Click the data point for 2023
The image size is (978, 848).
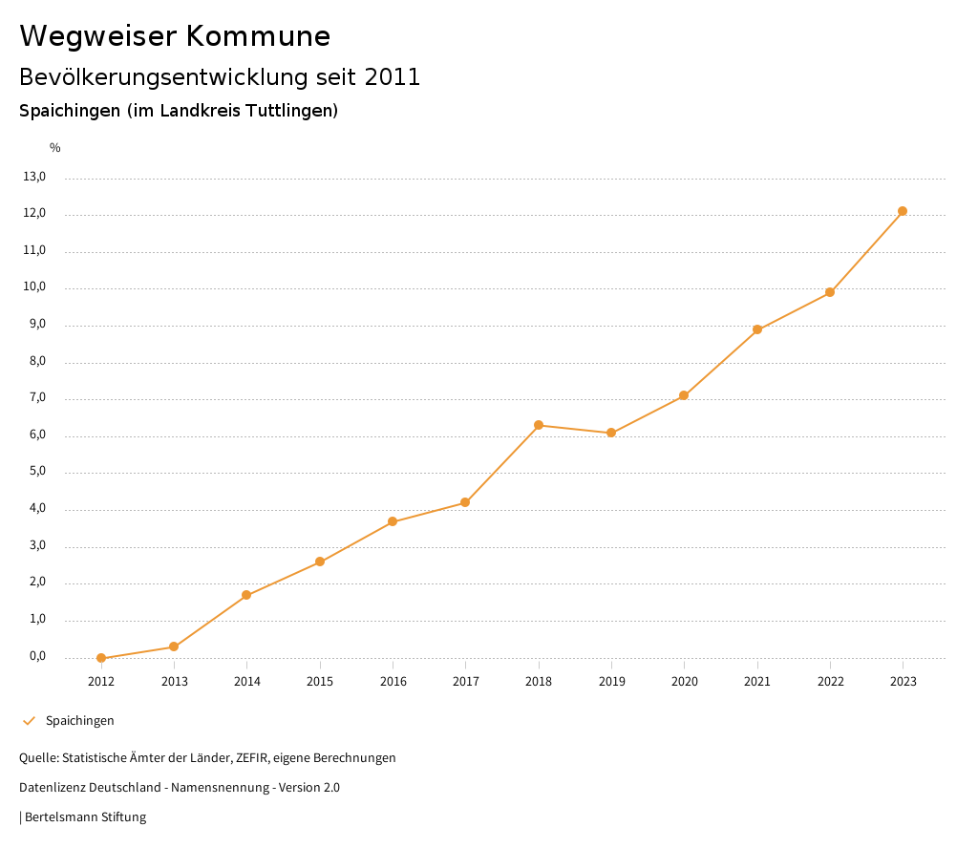click(x=903, y=211)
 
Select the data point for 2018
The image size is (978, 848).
click(x=539, y=425)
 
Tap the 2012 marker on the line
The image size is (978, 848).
click(x=101, y=658)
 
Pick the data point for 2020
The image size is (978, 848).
click(x=684, y=395)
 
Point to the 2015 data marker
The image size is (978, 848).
click(x=320, y=562)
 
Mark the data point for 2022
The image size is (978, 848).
click(x=830, y=292)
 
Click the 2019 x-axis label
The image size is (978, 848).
click(x=611, y=682)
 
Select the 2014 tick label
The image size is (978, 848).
click(x=246, y=682)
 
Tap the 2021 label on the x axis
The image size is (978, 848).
click(x=757, y=682)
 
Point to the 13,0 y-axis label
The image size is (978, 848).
click(x=34, y=177)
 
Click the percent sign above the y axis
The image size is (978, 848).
click(x=55, y=148)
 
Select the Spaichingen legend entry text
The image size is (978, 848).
click(x=80, y=721)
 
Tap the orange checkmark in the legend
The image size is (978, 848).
click(x=29, y=721)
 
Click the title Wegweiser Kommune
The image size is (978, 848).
click(x=175, y=36)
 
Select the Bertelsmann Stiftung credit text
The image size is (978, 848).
click(x=85, y=817)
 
